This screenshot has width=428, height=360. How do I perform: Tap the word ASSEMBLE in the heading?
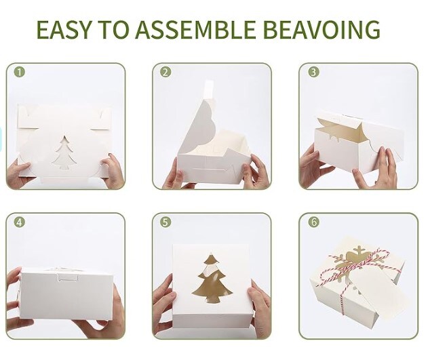[195, 29]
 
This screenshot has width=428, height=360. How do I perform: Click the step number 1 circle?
[20, 73]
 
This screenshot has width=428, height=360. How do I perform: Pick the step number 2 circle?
[166, 73]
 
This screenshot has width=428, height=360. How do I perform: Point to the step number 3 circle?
[313, 73]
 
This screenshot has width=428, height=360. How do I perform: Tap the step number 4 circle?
[20, 222]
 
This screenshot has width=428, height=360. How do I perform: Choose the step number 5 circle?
[166, 222]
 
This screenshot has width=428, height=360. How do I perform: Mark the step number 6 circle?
[313, 222]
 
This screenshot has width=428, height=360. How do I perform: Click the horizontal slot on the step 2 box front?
[210, 170]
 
